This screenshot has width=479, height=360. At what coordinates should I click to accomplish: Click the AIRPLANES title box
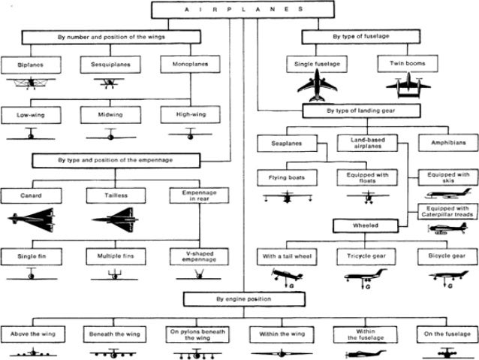point(239,10)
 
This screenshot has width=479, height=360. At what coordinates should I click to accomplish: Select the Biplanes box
point(30,65)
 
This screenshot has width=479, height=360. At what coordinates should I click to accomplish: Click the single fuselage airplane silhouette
point(317,87)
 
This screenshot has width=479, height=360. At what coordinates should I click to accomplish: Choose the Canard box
point(30,195)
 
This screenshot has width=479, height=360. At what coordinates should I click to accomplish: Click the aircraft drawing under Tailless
point(114,220)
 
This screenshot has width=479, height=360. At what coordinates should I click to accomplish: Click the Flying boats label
point(288,178)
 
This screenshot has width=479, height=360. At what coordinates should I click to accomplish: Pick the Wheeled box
point(366,225)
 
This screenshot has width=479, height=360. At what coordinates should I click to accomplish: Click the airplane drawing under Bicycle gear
point(448,277)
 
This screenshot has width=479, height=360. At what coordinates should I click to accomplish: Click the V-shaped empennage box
point(197,256)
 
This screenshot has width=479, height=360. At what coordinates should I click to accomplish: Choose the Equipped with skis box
point(447,178)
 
